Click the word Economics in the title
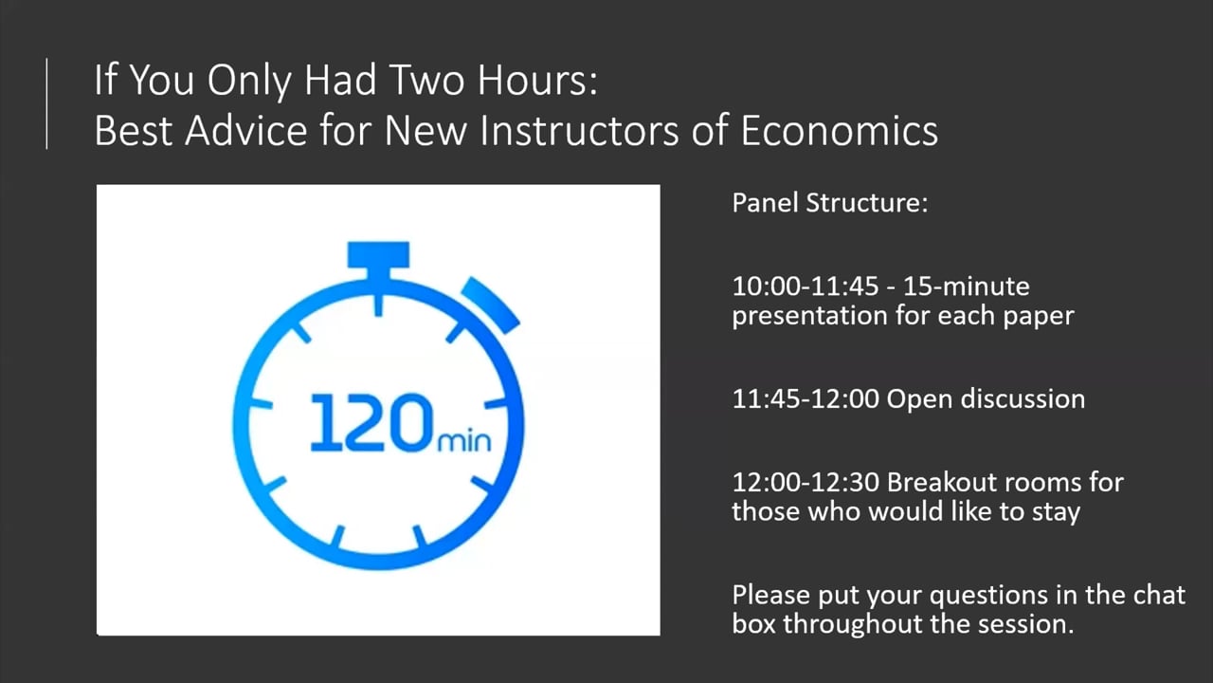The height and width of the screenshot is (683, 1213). point(839,131)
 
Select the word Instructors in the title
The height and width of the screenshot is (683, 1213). point(579,131)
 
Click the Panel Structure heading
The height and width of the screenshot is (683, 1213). point(829,203)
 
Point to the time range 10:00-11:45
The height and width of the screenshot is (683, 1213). point(806,286)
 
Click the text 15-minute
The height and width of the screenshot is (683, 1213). point(966,286)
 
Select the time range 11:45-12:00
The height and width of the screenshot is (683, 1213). point(806,399)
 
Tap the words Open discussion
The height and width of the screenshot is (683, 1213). point(986,399)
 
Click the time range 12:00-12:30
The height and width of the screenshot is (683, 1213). point(806,483)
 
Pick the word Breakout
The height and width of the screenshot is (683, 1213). point(941,483)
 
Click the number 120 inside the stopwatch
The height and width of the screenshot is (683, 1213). point(372,423)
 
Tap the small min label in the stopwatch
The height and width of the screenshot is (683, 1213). point(464,441)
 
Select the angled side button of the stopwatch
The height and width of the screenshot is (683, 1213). point(491,305)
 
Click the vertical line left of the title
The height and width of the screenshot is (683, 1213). point(46,103)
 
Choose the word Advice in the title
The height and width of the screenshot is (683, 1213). point(246,131)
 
